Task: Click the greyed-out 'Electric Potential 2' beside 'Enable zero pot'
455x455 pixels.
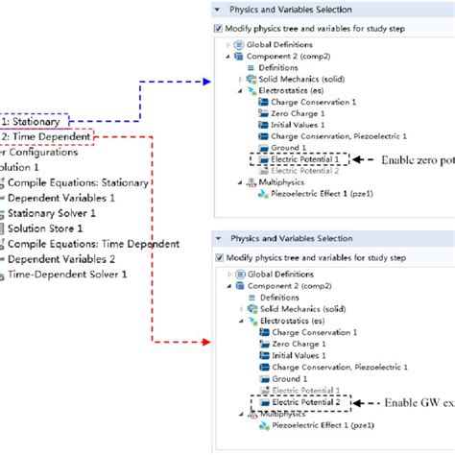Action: pos(299,171)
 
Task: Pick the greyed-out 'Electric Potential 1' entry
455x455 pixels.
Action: pos(299,391)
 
